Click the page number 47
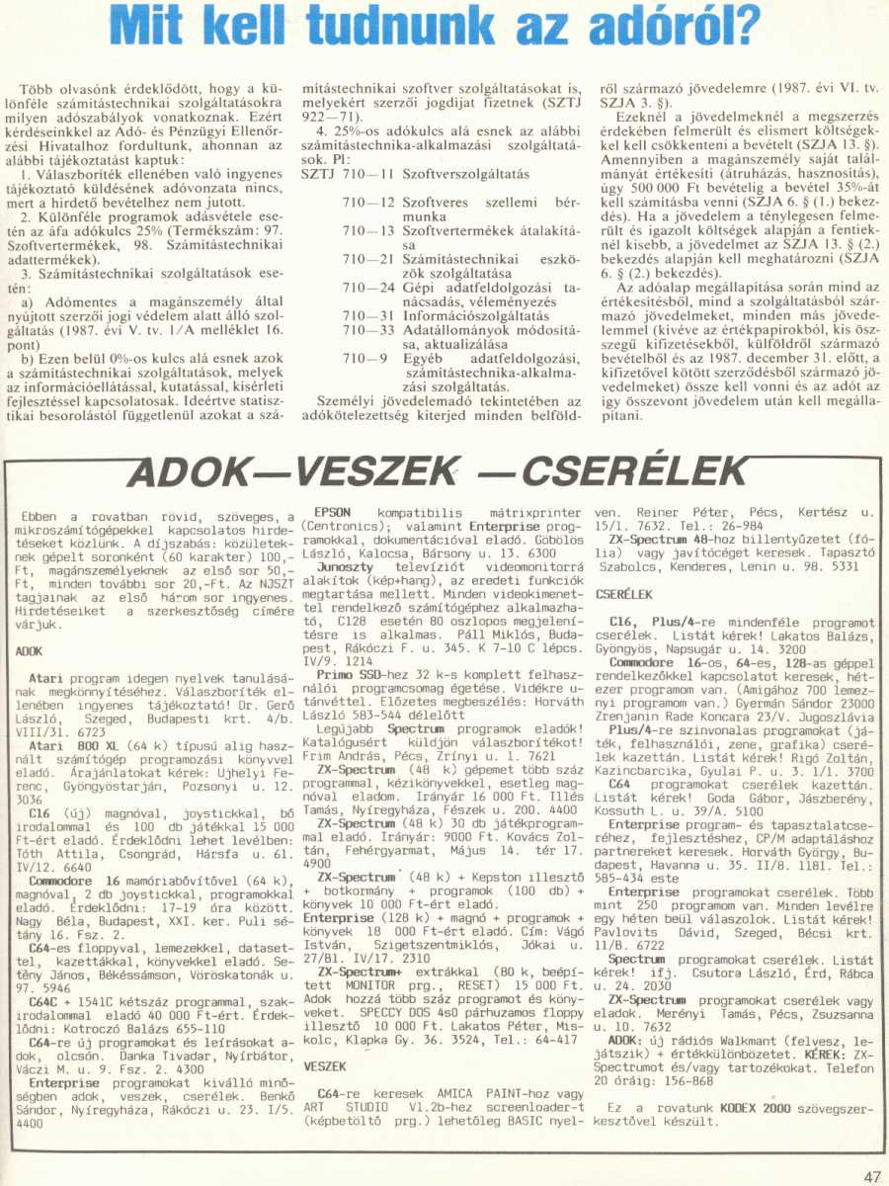(870, 1175)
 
